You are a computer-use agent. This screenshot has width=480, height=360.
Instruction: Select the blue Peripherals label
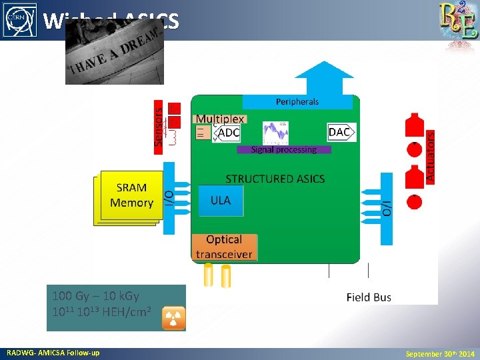point(297,101)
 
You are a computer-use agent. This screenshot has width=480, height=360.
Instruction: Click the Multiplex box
point(220,119)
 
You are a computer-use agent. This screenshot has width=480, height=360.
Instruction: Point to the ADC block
point(228,133)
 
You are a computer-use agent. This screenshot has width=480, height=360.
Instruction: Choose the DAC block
point(340,132)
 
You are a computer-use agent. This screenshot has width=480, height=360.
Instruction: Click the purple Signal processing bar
point(284,150)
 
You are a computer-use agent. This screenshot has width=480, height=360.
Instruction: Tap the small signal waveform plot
point(275,132)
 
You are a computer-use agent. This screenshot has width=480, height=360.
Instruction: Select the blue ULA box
point(221,200)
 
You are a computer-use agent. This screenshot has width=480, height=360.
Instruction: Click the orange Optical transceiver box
point(224,247)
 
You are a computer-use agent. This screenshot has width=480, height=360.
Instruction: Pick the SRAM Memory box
point(131,195)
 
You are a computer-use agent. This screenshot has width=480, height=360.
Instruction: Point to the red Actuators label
point(431,156)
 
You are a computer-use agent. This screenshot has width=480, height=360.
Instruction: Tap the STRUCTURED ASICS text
point(275,179)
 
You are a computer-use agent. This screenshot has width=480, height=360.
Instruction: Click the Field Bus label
point(369,297)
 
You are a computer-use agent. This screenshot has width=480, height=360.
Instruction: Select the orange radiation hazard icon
point(173,319)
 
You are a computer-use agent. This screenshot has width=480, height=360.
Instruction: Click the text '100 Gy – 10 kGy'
point(95,295)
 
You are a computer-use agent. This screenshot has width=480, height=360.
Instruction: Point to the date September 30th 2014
point(440,353)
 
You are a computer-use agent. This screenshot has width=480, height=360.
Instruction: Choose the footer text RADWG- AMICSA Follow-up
point(53,353)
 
